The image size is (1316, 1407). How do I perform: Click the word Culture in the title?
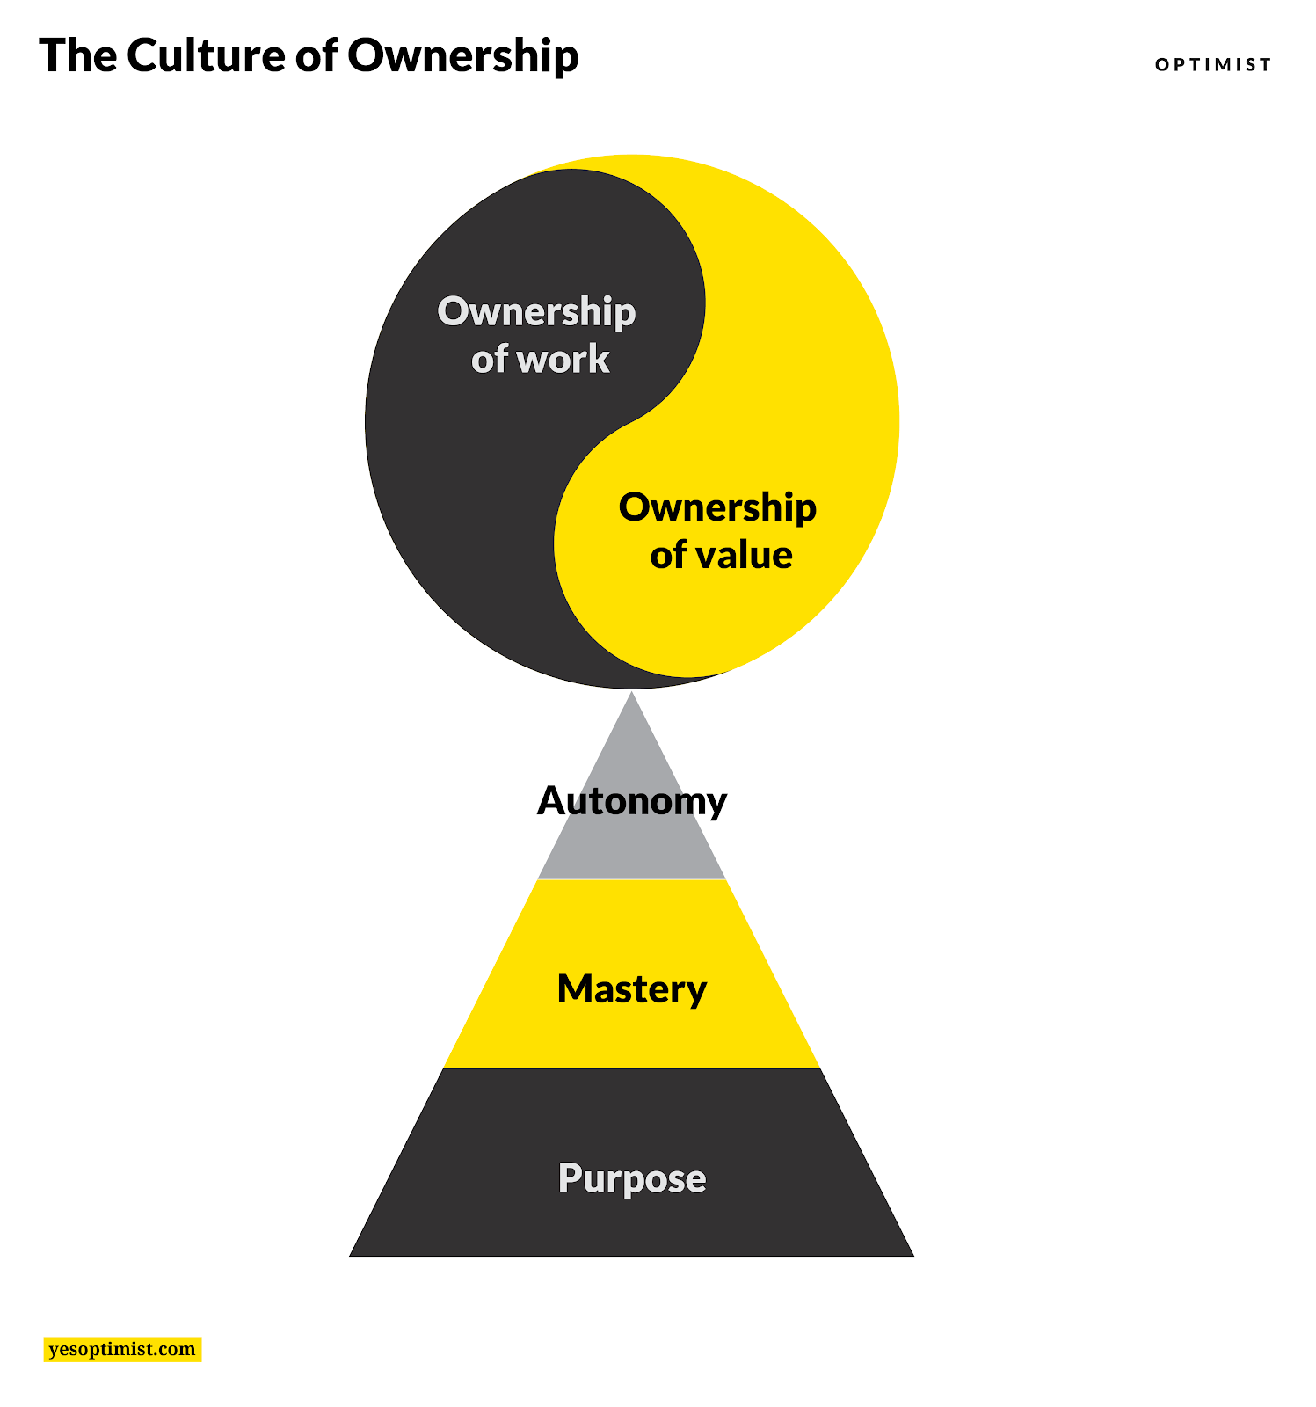(x=205, y=55)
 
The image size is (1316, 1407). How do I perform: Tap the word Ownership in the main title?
(x=462, y=57)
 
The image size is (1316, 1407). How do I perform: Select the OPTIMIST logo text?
(x=1213, y=64)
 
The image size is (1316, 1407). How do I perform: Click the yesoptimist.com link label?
(x=122, y=1349)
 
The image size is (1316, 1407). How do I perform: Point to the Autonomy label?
(x=631, y=801)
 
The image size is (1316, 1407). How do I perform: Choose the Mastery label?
(x=631, y=989)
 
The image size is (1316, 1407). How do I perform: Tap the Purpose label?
(x=631, y=1178)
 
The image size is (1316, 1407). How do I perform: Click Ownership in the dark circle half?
(x=536, y=312)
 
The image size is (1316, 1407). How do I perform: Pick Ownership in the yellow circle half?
(x=717, y=507)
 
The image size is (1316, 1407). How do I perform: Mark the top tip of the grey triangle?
(x=631, y=694)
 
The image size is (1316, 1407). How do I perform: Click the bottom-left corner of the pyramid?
(x=352, y=1255)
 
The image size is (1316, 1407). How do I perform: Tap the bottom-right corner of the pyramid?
(x=912, y=1255)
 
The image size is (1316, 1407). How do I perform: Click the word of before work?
(x=489, y=359)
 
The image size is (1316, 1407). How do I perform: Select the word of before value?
(x=668, y=555)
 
